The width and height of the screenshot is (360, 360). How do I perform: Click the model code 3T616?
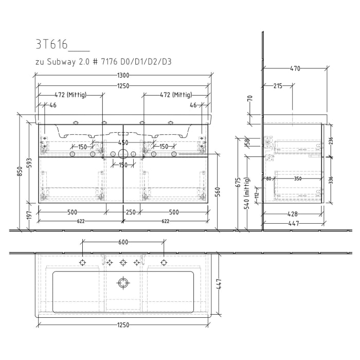[51, 45]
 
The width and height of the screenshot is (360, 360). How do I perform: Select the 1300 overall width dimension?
[122, 76]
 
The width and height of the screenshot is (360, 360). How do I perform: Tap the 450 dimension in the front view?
[122, 142]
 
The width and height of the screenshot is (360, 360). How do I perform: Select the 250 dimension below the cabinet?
[130, 212]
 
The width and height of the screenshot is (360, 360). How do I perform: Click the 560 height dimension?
[218, 192]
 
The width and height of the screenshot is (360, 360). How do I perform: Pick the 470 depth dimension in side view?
[295, 68]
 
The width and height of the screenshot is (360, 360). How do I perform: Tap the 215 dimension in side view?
[277, 86]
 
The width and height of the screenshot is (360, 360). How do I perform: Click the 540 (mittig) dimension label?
[247, 193]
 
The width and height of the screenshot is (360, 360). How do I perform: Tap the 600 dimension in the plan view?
[123, 242]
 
